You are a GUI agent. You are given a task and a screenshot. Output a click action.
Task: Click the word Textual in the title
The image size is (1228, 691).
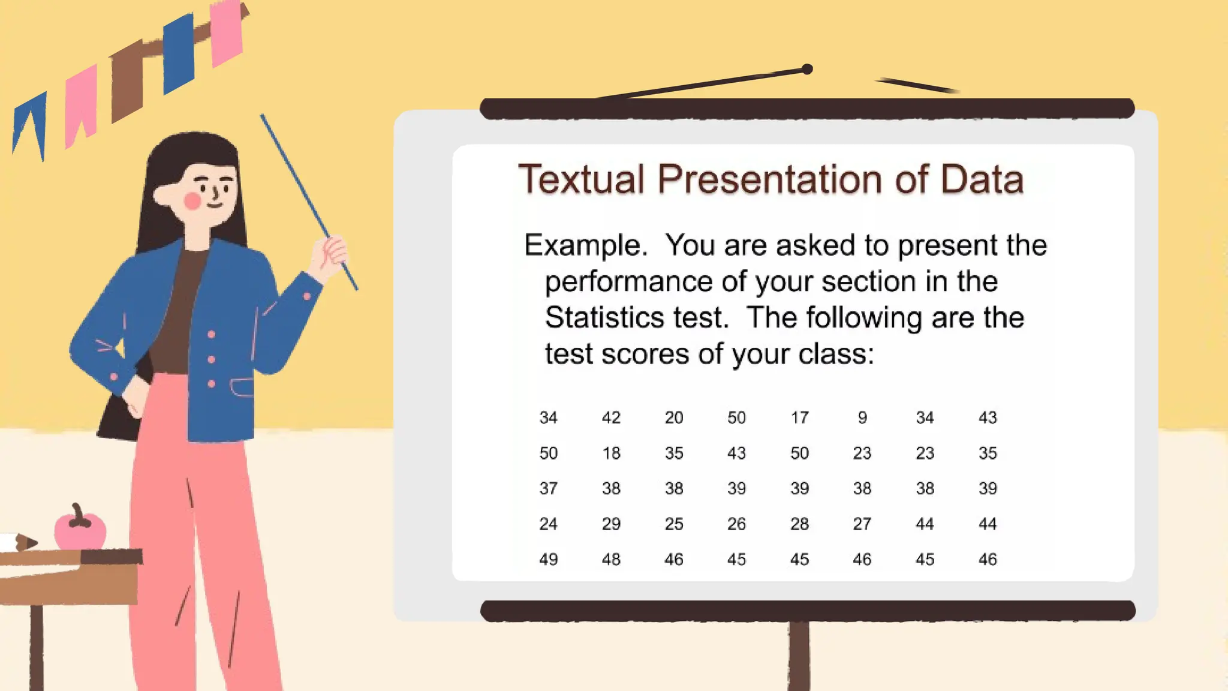pos(581,179)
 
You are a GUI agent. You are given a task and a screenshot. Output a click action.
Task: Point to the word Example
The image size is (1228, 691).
pos(585,246)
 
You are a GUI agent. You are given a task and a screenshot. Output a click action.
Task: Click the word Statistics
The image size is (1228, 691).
pos(636,317)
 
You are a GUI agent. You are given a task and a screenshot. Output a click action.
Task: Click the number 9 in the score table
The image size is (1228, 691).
pos(862,417)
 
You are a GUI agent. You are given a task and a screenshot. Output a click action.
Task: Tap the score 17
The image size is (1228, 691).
pos(799,417)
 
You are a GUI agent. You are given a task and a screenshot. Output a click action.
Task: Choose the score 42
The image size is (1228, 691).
pos(611,417)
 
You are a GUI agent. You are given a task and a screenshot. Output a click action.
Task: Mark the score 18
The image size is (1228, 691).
pos(611,453)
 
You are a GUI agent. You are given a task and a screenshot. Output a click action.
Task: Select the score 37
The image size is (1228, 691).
pos(548,488)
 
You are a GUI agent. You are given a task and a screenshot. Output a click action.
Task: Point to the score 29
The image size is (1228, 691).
pos(611,524)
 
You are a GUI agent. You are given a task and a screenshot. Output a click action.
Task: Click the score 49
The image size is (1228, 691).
pos(548,559)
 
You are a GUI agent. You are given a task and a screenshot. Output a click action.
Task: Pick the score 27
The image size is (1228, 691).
pos(862,524)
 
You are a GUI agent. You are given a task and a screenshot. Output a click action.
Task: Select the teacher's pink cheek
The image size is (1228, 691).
pos(192,201)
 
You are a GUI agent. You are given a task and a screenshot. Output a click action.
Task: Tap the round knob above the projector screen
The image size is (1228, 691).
pos(807,70)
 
